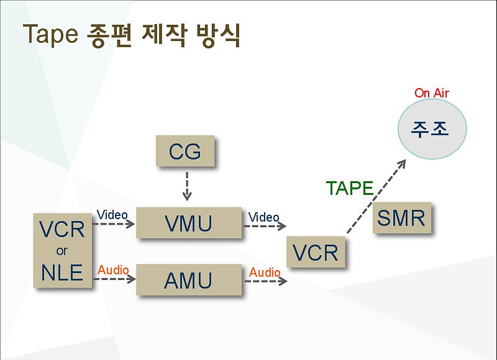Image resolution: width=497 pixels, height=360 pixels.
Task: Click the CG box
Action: point(185,151)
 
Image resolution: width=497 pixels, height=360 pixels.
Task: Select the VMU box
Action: point(189,223)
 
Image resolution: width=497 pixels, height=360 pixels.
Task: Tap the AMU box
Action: point(189,280)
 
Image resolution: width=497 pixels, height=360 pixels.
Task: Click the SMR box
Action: point(402,217)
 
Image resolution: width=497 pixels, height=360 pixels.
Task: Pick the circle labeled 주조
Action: point(432,129)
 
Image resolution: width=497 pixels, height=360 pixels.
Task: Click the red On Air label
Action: point(432,93)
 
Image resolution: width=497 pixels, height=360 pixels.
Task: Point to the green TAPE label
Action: point(350,188)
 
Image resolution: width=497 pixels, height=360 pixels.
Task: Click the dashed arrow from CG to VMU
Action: point(187,186)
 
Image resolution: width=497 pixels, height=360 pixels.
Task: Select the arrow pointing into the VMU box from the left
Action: point(114,224)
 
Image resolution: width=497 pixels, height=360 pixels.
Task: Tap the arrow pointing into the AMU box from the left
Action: point(114,279)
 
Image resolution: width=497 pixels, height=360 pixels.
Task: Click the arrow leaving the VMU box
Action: point(265,226)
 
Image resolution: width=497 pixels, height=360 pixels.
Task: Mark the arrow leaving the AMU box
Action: point(266,281)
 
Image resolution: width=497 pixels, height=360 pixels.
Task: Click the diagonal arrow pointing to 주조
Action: point(376,197)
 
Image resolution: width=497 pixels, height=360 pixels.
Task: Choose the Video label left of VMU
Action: point(112,215)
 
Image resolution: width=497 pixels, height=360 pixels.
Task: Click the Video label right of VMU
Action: point(263,217)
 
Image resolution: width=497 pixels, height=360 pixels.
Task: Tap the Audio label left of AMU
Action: point(113,270)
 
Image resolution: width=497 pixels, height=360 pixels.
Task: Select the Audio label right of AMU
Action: point(265,272)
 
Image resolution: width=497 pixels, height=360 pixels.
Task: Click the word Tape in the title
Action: point(50,34)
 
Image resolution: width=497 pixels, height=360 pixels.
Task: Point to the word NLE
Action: point(62,272)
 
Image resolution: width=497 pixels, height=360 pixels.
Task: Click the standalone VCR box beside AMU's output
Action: point(316,252)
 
